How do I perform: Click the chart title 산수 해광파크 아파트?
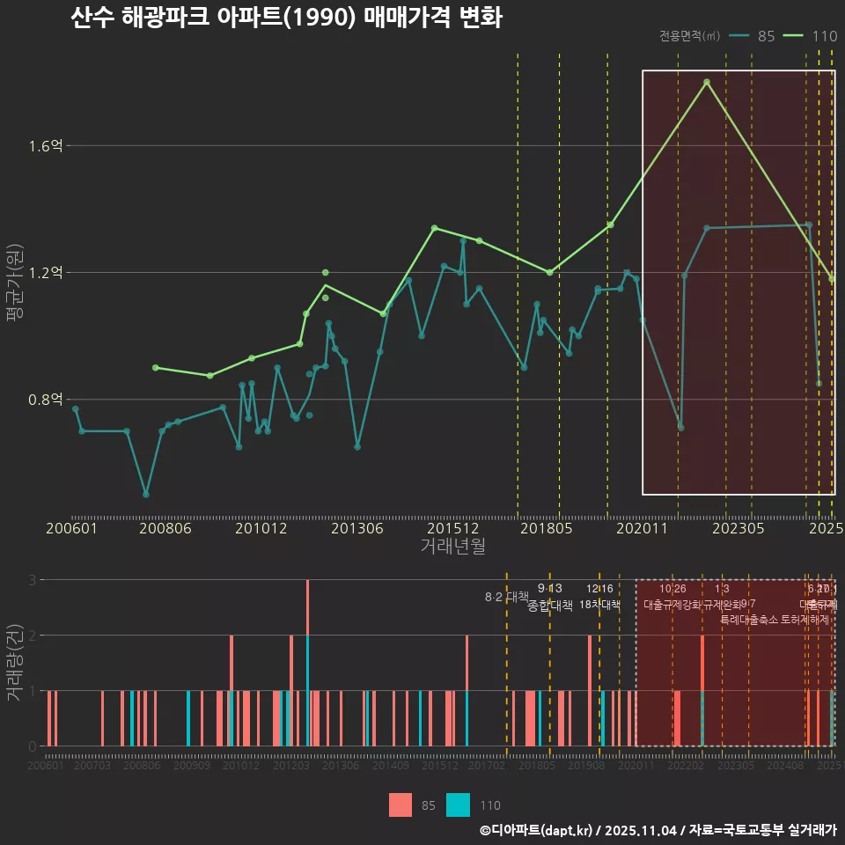tap(286, 18)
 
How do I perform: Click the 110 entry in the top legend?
tap(824, 36)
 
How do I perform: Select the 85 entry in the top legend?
tap(766, 36)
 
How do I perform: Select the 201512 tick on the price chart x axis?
tap(452, 528)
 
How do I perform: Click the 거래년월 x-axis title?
tap(452, 547)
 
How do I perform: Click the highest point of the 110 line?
tap(706, 82)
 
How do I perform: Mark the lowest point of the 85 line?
tap(146, 495)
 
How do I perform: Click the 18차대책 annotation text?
tap(599, 605)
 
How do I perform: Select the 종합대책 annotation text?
tap(550, 606)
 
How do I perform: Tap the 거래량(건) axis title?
tap(15, 662)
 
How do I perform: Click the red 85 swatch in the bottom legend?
tap(400, 805)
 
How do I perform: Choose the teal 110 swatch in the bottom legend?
tap(458, 805)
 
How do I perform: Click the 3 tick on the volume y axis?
tap(32, 580)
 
